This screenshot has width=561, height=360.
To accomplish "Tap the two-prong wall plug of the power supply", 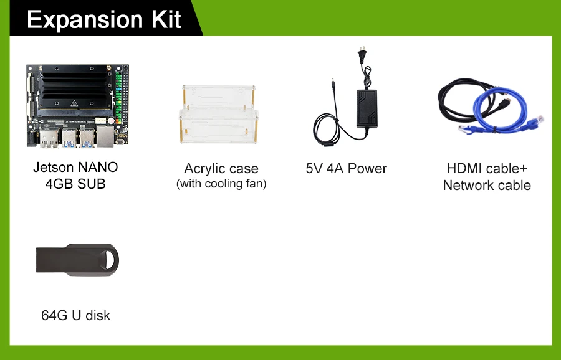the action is point(360,56).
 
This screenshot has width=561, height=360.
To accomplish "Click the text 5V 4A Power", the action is point(346,169).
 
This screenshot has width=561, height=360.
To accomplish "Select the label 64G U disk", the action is point(75,315).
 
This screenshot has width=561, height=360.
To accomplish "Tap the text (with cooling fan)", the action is point(221,184).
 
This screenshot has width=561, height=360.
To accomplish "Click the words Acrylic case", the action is point(221,169).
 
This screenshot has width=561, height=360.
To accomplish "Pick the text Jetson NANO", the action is point(75,168).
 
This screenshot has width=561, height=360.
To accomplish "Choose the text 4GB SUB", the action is point(75,184).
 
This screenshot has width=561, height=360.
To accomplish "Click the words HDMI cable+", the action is point(487,169).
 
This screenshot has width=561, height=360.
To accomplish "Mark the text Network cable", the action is point(487,185).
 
